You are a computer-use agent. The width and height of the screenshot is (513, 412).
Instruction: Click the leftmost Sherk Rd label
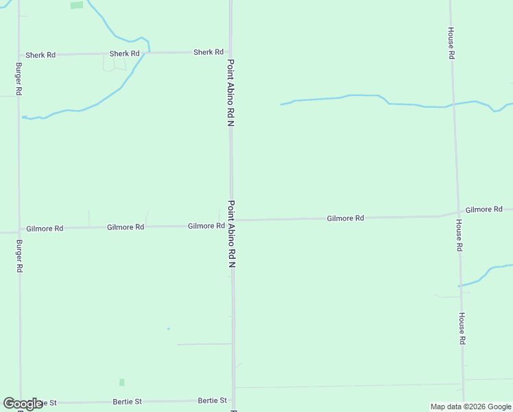[40, 55]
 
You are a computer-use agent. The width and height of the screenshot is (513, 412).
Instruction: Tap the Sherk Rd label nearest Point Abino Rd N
[208, 52]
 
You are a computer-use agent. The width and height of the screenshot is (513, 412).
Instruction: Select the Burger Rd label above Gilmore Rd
[19, 79]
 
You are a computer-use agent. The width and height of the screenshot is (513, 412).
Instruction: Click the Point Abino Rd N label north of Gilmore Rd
[231, 93]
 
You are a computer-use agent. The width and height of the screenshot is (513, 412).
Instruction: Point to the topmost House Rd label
[451, 43]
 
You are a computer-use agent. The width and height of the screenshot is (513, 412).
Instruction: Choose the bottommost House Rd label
[462, 328]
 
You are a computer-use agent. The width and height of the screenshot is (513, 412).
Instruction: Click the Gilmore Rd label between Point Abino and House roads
[345, 218]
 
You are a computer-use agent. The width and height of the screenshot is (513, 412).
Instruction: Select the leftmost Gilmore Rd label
[45, 229]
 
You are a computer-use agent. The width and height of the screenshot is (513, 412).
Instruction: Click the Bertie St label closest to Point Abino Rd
[212, 400]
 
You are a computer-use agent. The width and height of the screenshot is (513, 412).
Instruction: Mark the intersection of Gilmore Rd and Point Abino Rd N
[232, 221]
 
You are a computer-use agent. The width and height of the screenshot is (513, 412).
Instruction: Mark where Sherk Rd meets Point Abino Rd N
[230, 52]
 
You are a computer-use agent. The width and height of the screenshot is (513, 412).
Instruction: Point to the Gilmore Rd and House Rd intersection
[457, 212]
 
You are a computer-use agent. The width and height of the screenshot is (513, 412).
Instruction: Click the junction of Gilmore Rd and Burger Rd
[19, 231]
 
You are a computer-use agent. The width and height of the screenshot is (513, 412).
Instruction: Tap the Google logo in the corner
[23, 404]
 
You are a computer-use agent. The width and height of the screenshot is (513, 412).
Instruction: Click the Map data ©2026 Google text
[470, 407]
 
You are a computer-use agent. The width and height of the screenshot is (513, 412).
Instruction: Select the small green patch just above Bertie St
[122, 382]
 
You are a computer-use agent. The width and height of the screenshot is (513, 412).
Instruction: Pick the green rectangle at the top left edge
[77, 5]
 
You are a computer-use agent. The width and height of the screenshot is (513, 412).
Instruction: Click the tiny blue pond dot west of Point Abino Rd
[168, 329]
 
